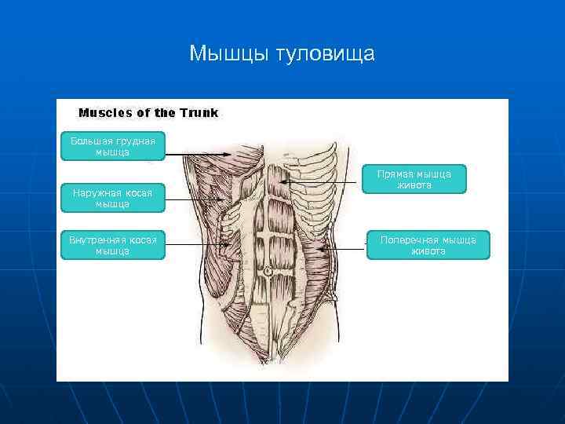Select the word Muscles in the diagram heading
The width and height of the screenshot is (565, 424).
[x=105, y=112]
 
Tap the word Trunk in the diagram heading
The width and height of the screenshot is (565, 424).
[x=199, y=112]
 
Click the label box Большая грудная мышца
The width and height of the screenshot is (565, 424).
[x=112, y=146]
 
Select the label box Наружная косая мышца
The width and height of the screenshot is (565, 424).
[x=112, y=198]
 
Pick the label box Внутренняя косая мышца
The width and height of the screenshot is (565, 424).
[x=112, y=245]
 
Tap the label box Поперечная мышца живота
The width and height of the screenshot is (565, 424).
[x=428, y=245]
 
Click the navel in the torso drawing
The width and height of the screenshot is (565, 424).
[x=268, y=271]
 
